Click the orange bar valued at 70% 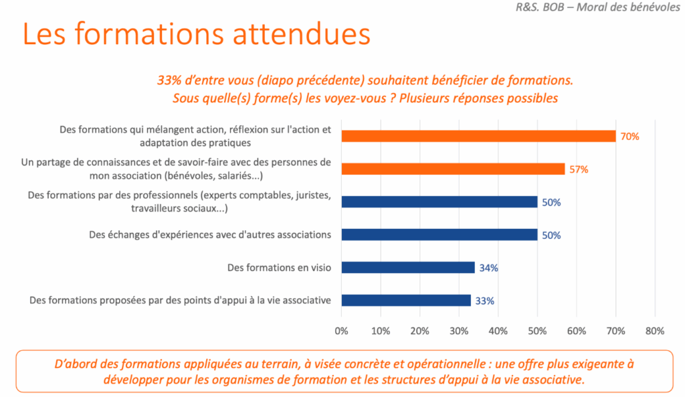tap(478, 136)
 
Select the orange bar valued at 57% tap(453, 169)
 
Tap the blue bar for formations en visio tap(408, 268)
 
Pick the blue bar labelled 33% tap(406, 301)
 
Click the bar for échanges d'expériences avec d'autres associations tap(439, 235)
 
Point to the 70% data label tap(630, 137)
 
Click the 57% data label tap(579, 169)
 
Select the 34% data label tap(488, 268)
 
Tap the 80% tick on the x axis tap(654, 331)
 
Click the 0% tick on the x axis tap(341, 331)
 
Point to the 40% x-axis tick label tap(498, 331)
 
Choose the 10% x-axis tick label tap(380, 331)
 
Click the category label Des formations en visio tap(279, 268)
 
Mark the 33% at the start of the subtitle tap(170, 80)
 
